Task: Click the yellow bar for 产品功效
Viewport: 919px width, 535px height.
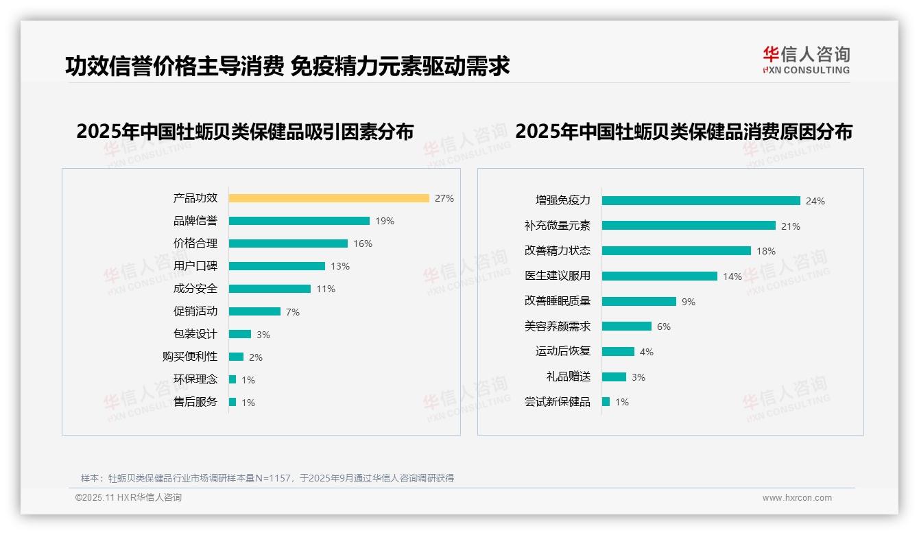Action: pos(329,198)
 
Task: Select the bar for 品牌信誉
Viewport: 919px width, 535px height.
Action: pos(299,221)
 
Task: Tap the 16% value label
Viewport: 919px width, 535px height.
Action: pos(363,243)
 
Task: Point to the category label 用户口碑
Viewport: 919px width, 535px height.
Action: pos(195,265)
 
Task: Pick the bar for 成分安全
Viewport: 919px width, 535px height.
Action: pos(270,289)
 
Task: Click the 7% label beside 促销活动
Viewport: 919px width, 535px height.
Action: pos(293,312)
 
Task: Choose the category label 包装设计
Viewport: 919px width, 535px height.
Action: pos(195,334)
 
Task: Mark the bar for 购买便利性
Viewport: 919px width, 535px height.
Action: pos(236,357)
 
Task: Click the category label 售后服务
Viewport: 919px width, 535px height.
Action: pos(195,402)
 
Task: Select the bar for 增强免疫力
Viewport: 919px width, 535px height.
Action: pos(701,201)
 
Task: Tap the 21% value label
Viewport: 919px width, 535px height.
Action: pos(791,226)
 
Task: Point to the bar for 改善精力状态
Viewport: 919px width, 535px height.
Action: pos(676,251)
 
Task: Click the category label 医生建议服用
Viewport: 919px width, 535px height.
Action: pos(557,276)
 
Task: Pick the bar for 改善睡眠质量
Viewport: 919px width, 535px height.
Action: pos(639,301)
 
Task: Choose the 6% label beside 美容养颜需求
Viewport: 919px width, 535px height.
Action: pos(664,326)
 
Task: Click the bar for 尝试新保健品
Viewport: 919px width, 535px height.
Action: pos(606,402)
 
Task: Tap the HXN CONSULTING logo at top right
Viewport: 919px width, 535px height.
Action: pos(807,60)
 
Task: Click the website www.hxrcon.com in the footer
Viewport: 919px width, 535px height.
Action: pos(797,498)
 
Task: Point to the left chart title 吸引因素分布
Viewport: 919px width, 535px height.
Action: pos(245,132)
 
